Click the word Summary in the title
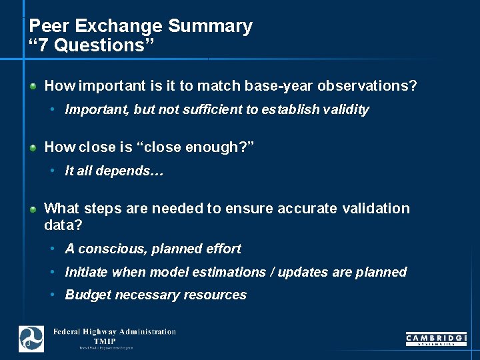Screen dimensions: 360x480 click(x=210, y=26)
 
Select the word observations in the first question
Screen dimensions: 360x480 click(x=367, y=86)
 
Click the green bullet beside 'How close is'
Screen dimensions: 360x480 click(x=33, y=148)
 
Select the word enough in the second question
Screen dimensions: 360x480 click(x=210, y=147)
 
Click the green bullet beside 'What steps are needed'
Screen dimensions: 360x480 click(x=33, y=209)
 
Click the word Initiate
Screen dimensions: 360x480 click(x=87, y=272)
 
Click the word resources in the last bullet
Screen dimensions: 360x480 click(x=217, y=295)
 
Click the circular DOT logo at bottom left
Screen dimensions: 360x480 click(x=31, y=339)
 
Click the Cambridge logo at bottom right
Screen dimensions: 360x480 click(x=436, y=339)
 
